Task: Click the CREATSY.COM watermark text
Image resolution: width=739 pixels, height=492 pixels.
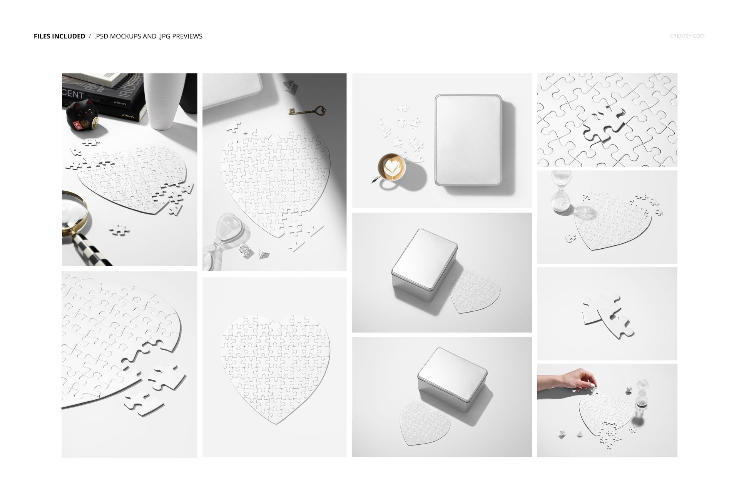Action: pos(687,36)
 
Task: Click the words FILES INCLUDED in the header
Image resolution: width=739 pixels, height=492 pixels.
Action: pos(59,36)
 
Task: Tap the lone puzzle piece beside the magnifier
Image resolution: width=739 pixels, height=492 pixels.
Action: pos(119,230)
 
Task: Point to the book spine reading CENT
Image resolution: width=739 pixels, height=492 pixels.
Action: pos(73,95)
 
